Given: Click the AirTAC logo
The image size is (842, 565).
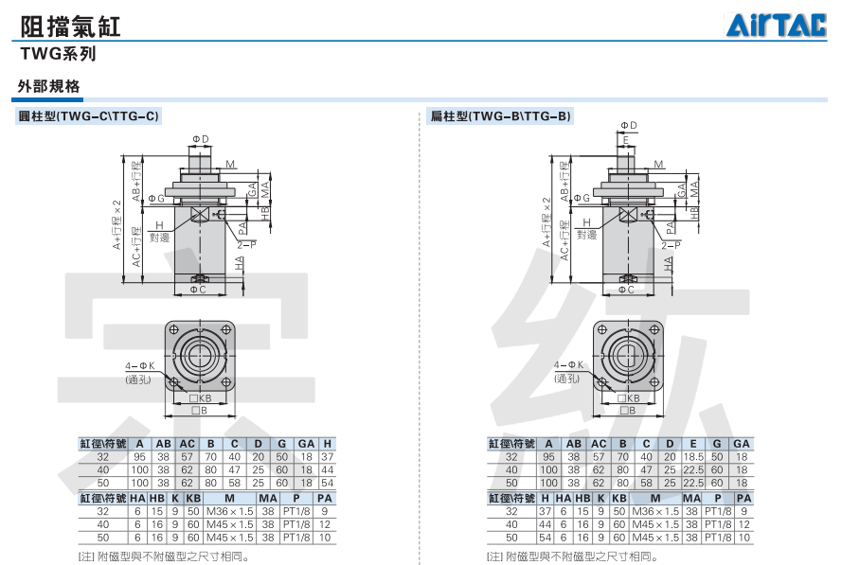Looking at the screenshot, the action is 776,26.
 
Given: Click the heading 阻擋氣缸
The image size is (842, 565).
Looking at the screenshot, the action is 70,26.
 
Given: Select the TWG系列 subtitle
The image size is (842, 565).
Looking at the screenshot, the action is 58,54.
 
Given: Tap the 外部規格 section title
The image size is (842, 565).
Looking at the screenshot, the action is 49,86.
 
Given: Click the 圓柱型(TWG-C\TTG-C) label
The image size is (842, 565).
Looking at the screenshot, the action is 89,115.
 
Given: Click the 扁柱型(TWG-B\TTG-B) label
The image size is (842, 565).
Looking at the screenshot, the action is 500,115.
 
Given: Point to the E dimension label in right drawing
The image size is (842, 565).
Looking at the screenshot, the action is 626,141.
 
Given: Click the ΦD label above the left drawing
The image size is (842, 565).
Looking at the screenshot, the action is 200,139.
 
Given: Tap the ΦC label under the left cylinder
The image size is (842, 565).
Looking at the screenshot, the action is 198,290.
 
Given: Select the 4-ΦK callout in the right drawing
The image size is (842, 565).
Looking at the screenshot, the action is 568,365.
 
